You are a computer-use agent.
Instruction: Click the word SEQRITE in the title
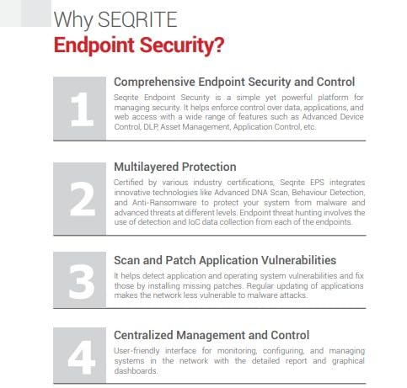pyautogui.click(x=137, y=19)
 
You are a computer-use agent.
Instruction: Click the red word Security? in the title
pyautogui.click(x=182, y=45)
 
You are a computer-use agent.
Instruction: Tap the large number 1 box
pyautogui.click(x=80, y=109)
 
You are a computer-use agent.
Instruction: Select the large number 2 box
pyautogui.click(x=80, y=199)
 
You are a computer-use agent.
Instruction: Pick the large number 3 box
pyautogui.click(x=80, y=279)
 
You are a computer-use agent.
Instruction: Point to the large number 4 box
pyautogui.click(x=80, y=355)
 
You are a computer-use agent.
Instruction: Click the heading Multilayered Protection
pyautogui.click(x=175, y=167)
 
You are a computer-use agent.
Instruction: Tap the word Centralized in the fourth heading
pyautogui.click(x=143, y=335)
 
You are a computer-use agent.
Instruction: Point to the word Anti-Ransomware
pyautogui.click(x=164, y=203)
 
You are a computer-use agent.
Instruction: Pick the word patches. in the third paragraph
pyautogui.click(x=228, y=286)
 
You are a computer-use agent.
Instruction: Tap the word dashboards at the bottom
pyautogui.click(x=136, y=371)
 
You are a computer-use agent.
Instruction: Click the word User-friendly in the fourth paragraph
pyautogui.click(x=137, y=351)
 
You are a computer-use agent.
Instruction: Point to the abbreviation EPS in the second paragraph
pyautogui.click(x=317, y=183)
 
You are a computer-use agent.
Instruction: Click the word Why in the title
pyautogui.click(x=73, y=20)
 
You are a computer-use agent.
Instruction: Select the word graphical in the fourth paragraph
pyautogui.click(x=348, y=361)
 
